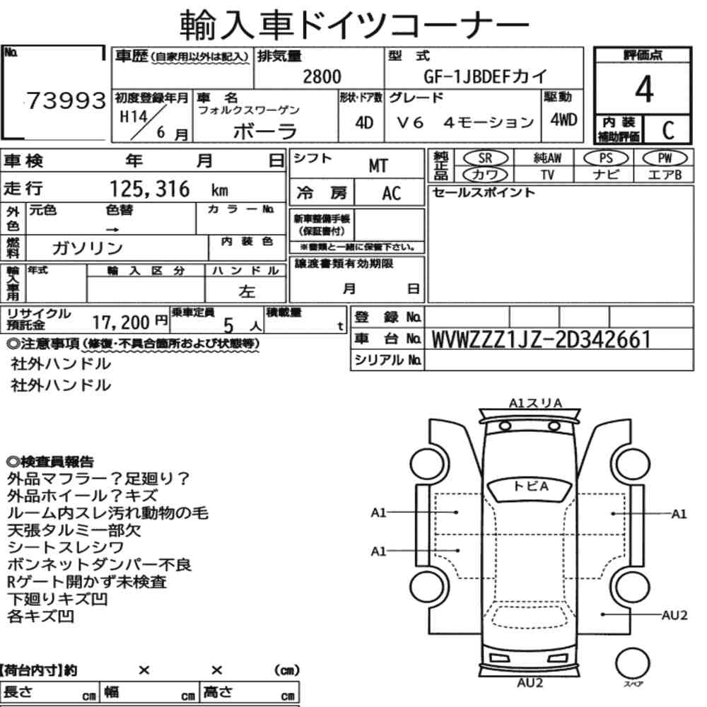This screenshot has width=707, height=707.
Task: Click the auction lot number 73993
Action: coord(66,100)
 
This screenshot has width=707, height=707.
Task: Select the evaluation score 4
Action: coord(644,89)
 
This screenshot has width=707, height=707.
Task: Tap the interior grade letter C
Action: coord(668,130)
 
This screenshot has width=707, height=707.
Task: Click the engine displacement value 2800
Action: coord(322,76)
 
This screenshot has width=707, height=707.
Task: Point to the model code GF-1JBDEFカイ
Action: coord(485,76)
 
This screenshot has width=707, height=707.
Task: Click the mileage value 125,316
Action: coord(150,189)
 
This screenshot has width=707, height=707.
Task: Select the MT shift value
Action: coord(378,166)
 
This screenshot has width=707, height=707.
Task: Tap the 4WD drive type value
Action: coord(563,120)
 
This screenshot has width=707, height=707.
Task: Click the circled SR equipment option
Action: coord(485,158)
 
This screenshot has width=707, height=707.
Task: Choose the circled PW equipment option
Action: coord(665,158)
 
